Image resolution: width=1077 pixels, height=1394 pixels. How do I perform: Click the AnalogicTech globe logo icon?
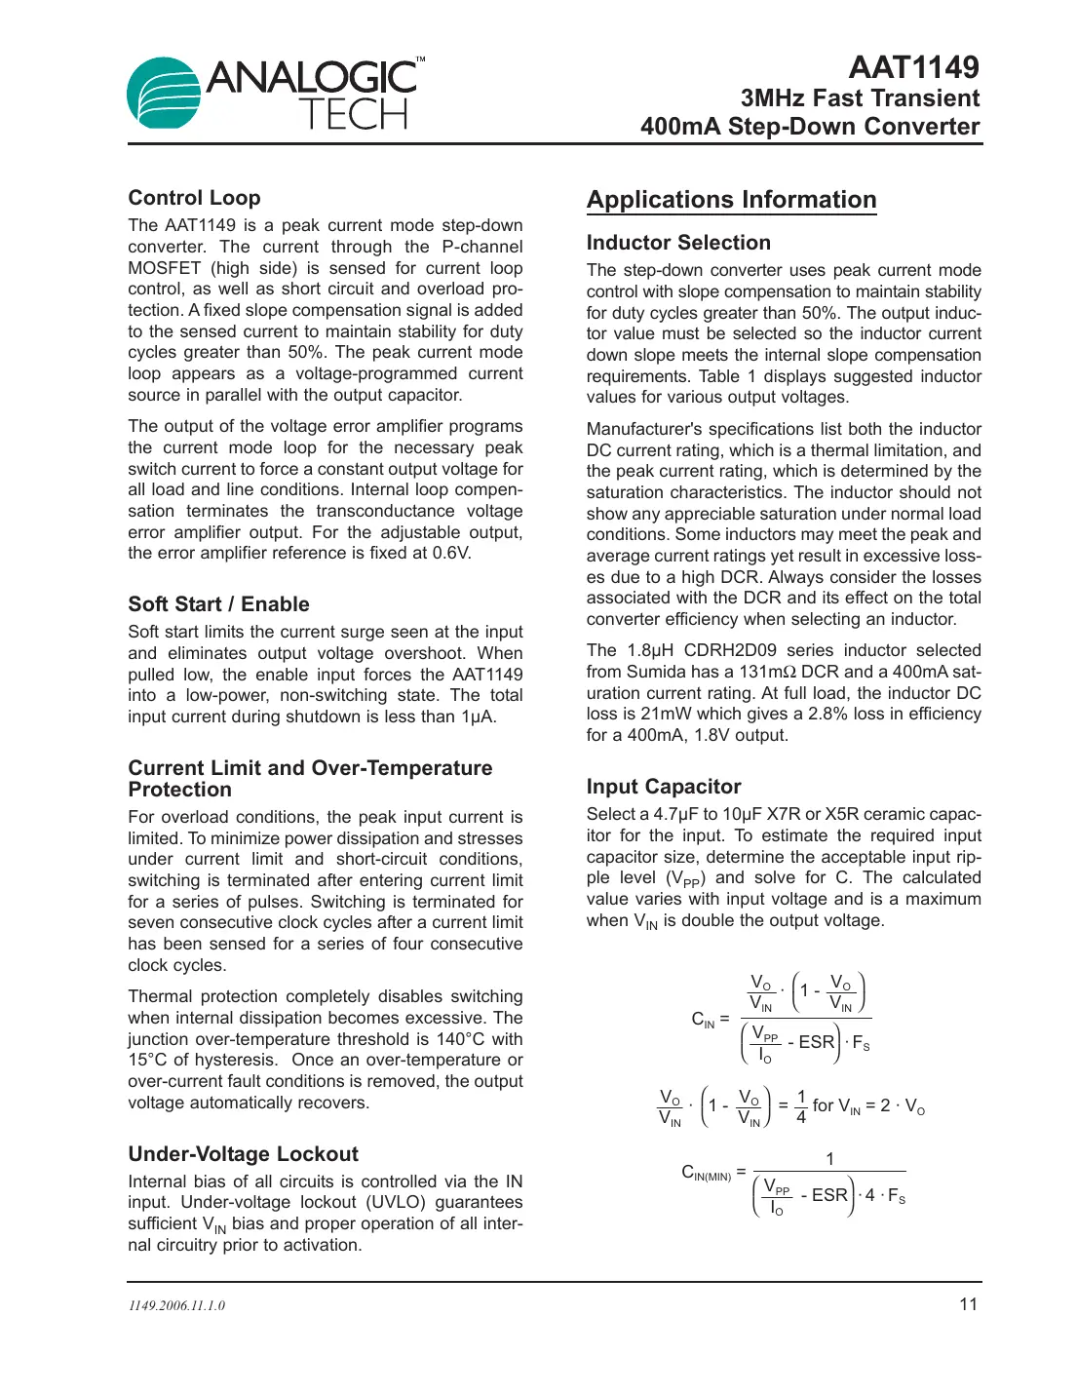click(x=163, y=93)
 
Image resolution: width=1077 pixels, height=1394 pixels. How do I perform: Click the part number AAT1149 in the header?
click(x=913, y=67)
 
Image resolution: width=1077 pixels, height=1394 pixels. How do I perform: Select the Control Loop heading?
click(x=194, y=198)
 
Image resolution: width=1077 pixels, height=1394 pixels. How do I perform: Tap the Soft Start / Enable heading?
click(x=218, y=604)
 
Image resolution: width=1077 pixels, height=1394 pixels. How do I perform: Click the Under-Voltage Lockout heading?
click(x=243, y=1154)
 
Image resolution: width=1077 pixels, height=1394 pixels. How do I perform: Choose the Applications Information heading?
click(x=731, y=200)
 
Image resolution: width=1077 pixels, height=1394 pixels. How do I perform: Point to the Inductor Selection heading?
click(x=678, y=243)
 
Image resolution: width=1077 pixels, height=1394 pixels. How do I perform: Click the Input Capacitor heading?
click(x=664, y=787)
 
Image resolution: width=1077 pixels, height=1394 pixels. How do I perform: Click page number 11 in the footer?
click(x=968, y=1304)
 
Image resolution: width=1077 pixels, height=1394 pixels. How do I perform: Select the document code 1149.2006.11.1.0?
click(x=176, y=1306)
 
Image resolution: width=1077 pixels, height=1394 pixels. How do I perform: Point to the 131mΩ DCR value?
click(x=768, y=672)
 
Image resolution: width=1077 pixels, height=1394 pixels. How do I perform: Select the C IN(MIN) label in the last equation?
click(x=707, y=1173)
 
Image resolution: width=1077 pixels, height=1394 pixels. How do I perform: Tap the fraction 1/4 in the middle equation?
click(x=801, y=1106)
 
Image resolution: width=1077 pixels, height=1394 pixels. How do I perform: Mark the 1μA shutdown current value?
click(x=477, y=716)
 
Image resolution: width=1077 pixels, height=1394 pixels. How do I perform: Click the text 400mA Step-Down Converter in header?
click(x=810, y=127)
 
